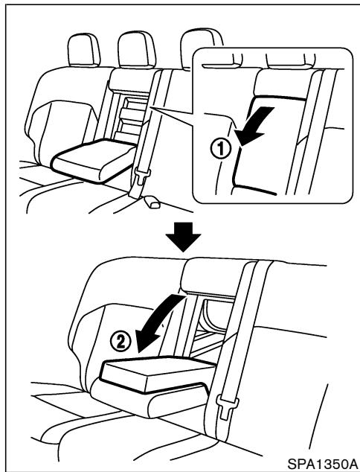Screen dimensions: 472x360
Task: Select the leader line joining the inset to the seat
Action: pos(175,115)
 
